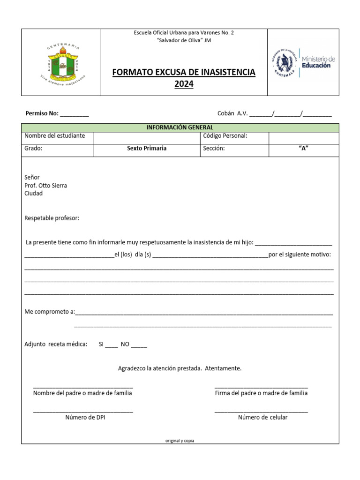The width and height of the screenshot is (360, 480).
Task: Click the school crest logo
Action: click(x=61, y=63)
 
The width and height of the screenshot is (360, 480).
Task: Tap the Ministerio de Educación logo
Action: click(x=303, y=62)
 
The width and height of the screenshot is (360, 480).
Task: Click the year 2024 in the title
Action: click(x=184, y=84)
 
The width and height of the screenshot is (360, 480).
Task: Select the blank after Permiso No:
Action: click(x=75, y=114)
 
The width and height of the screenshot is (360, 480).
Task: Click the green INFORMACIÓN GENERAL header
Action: click(x=180, y=127)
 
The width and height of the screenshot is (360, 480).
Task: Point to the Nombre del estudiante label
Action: click(x=55, y=136)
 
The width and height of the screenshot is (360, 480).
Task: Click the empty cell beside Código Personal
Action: click(x=303, y=138)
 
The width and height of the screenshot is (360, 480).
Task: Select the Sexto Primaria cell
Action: click(x=147, y=149)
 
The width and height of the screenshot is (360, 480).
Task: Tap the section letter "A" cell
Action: click(x=303, y=149)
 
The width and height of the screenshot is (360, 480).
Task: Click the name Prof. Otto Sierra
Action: click(x=45, y=186)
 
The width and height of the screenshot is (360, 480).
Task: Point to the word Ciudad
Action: click(x=33, y=194)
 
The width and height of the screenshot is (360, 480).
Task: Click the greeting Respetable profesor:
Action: click(x=52, y=218)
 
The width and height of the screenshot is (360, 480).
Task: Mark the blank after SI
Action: click(x=112, y=345)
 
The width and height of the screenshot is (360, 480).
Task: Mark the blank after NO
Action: click(x=139, y=345)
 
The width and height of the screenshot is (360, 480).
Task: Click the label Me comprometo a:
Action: click(x=50, y=312)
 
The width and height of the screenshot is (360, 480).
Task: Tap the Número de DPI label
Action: click(x=85, y=418)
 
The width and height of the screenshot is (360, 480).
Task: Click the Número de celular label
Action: click(x=262, y=418)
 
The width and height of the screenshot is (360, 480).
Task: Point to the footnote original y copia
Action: click(x=180, y=441)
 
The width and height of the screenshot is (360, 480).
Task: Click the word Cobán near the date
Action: click(x=226, y=113)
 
